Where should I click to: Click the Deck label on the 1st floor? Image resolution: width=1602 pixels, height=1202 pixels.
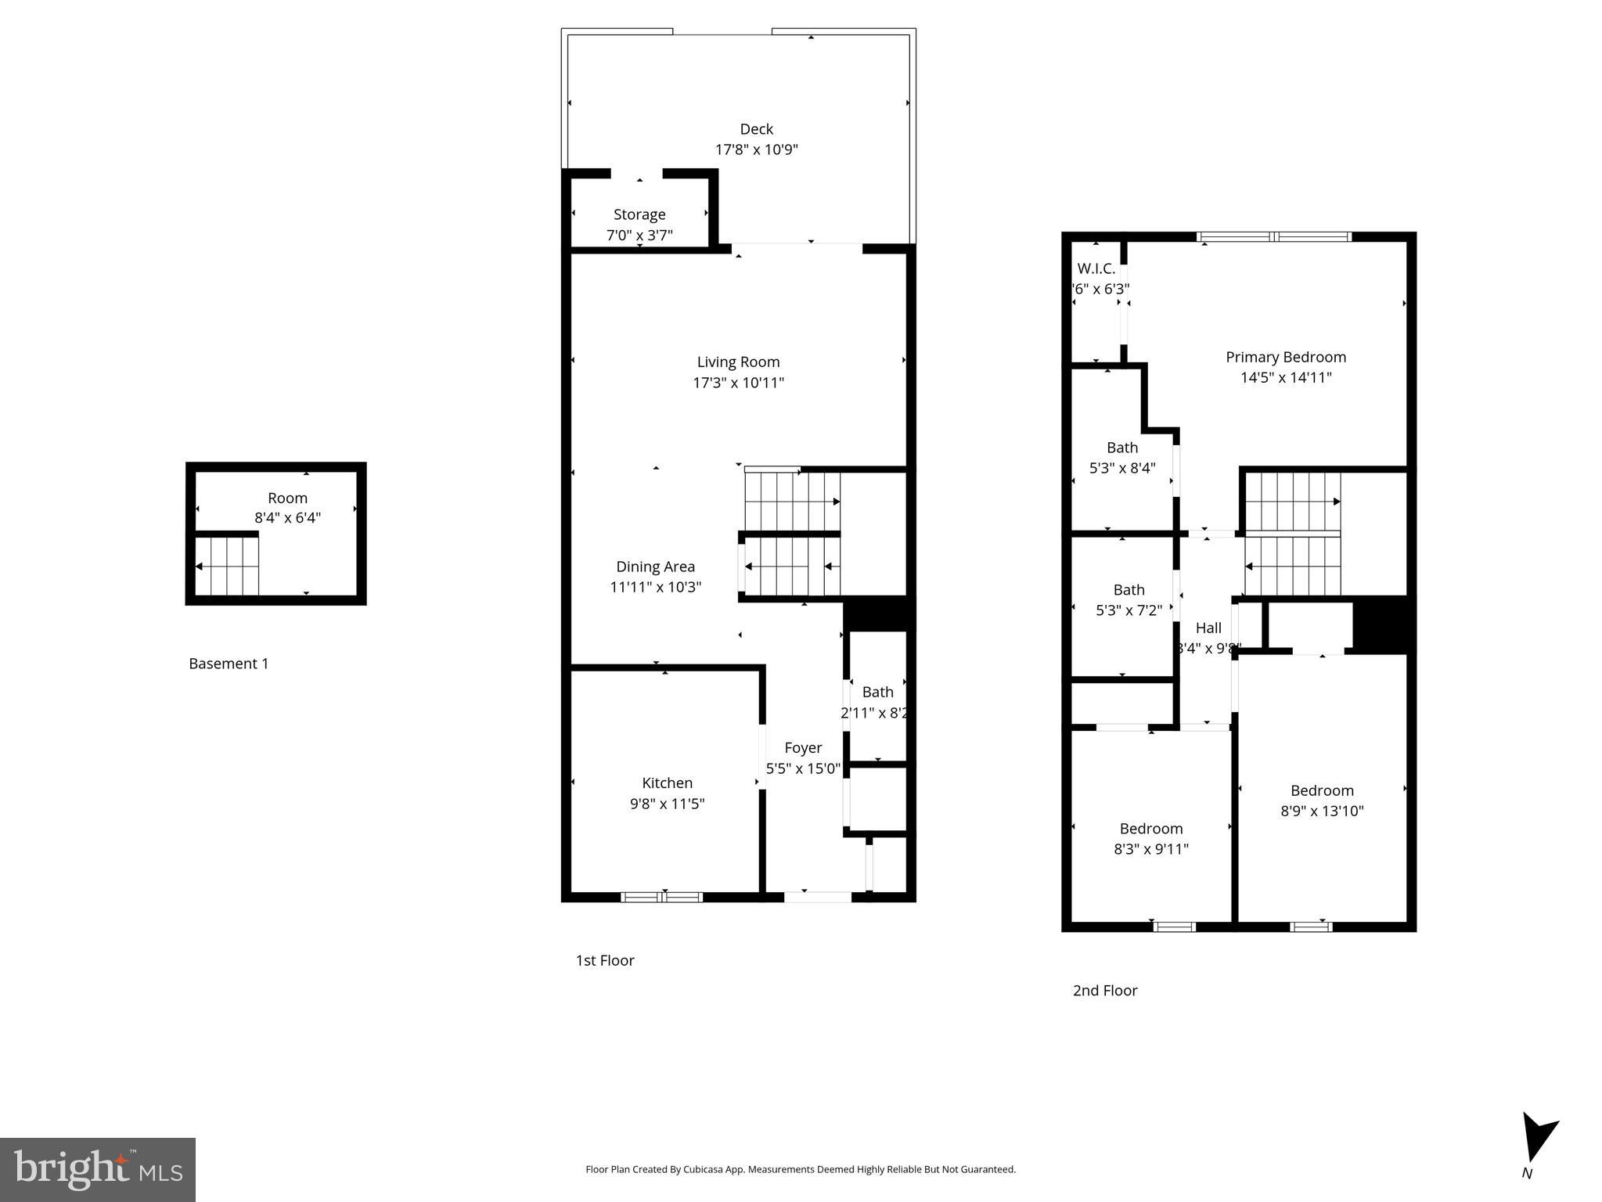(x=756, y=129)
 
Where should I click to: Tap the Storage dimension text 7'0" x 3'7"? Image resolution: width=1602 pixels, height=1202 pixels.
(x=639, y=235)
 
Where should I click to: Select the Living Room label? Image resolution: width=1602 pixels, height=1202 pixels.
(x=738, y=362)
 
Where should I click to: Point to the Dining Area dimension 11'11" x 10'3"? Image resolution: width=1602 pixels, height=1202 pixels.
(x=655, y=587)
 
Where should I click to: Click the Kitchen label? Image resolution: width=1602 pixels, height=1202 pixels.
(x=667, y=783)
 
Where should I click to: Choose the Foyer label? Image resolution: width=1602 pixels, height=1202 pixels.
(x=803, y=748)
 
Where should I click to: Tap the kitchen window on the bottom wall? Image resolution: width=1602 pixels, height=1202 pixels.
(x=662, y=897)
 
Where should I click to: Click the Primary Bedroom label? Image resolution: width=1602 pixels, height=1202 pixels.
(x=1285, y=357)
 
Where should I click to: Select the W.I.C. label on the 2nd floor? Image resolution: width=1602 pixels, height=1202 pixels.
(x=1096, y=268)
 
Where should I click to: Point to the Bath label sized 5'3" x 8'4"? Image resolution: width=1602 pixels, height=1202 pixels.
(x=1121, y=448)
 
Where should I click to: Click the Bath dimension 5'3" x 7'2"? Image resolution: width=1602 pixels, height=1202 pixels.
(x=1129, y=610)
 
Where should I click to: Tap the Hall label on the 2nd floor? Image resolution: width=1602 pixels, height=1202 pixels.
(x=1208, y=628)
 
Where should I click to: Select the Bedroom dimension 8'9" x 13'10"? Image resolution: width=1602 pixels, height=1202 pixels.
(x=1322, y=811)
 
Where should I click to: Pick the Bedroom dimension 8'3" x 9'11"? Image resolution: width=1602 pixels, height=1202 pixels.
(x=1150, y=849)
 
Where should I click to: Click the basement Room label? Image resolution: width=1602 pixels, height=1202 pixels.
(x=287, y=498)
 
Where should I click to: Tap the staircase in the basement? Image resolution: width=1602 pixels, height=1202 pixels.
(x=227, y=566)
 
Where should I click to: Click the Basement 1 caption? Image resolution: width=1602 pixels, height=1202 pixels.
(x=229, y=664)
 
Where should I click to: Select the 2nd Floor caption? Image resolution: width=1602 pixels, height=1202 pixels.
(x=1104, y=990)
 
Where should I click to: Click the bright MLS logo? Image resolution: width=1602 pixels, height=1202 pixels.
(x=98, y=1169)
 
